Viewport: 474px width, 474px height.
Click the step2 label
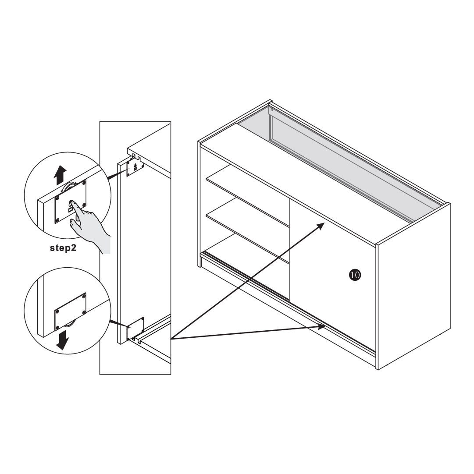pos(63,248)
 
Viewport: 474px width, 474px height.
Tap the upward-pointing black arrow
pos(60,175)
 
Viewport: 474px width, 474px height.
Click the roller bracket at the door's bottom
pos(135,329)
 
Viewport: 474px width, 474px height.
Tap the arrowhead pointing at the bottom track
pos(322,326)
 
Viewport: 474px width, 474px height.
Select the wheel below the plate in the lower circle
pos(68,325)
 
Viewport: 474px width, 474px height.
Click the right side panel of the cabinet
pos(413,286)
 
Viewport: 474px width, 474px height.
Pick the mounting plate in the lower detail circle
pos(70,311)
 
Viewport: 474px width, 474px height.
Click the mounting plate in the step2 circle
pos(70,202)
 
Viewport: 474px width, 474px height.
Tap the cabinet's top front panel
pos(289,194)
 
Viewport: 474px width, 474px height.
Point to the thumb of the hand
pos(75,224)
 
